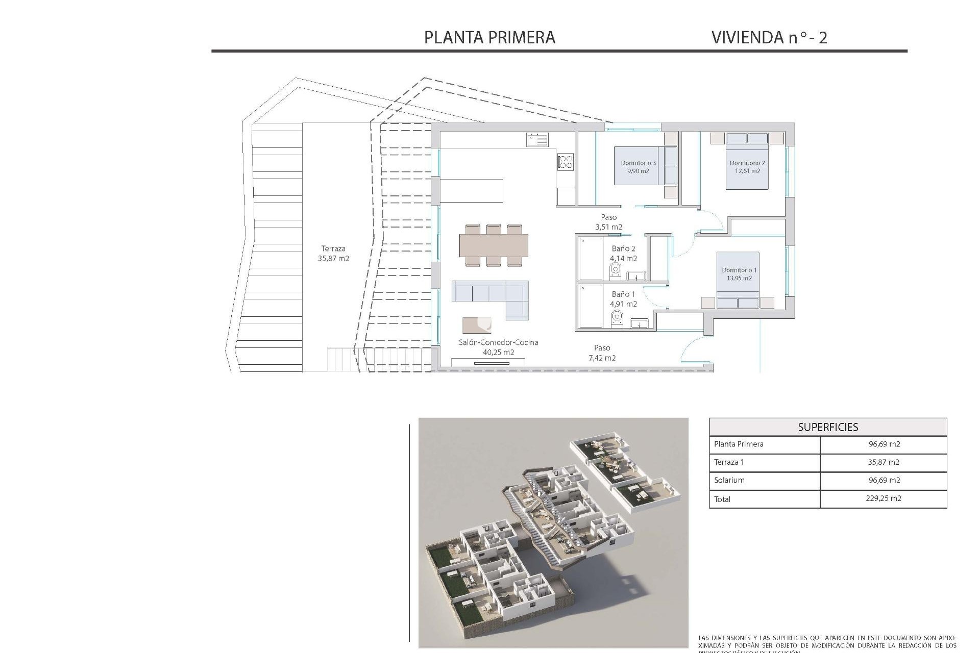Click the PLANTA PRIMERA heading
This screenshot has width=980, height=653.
click(x=489, y=37)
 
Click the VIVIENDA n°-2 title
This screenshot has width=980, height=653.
click(x=769, y=37)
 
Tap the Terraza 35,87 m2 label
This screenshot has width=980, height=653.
click(x=333, y=254)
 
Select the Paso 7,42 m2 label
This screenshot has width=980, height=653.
click(x=602, y=353)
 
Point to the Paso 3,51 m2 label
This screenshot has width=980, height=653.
click(x=608, y=222)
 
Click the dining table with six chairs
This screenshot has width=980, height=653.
click(x=494, y=245)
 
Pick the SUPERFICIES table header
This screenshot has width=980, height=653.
click(x=827, y=427)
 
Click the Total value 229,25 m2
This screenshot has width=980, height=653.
click(x=884, y=498)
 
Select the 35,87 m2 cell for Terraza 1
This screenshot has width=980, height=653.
click(x=884, y=462)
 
